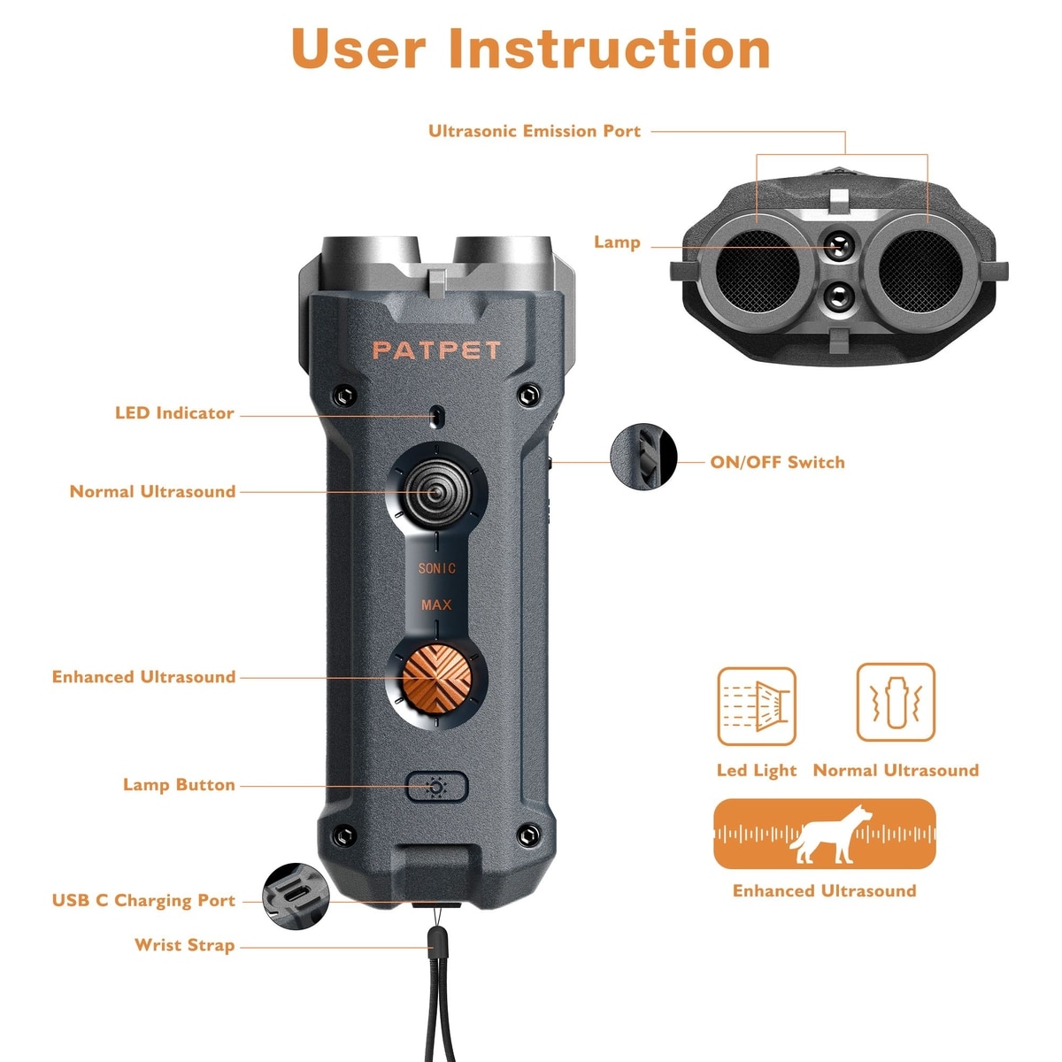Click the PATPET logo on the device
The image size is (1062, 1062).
(x=436, y=350)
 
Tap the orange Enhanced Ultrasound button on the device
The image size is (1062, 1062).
(x=437, y=679)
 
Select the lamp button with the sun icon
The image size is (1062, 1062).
(x=436, y=787)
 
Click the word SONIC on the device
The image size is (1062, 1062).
(x=436, y=568)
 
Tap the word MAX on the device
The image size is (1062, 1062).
(x=436, y=605)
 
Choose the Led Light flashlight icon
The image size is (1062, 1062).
(x=756, y=706)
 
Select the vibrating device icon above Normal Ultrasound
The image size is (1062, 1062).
(x=896, y=702)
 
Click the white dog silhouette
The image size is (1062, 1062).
(x=830, y=834)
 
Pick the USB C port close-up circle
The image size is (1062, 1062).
(x=296, y=897)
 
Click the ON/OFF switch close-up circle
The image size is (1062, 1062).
(x=643, y=457)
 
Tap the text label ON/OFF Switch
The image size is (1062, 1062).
(x=777, y=462)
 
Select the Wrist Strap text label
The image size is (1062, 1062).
(x=185, y=944)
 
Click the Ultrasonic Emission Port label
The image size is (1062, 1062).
(x=535, y=131)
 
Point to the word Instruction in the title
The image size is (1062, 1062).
(x=609, y=49)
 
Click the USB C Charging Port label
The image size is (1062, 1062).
(x=144, y=900)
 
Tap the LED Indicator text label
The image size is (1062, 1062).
(x=174, y=412)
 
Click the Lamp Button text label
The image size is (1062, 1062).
(x=179, y=784)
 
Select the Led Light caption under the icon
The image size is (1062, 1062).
(x=756, y=771)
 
